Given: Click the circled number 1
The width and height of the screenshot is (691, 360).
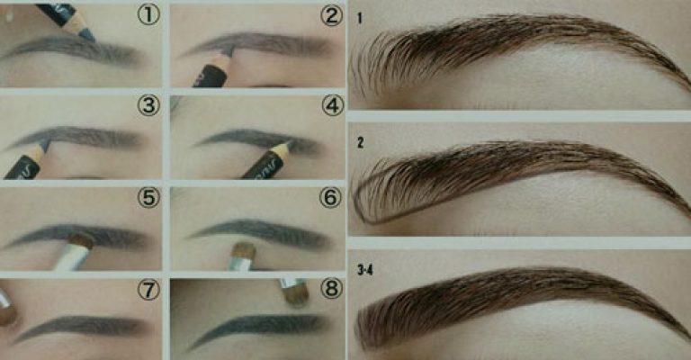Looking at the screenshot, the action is (148, 15).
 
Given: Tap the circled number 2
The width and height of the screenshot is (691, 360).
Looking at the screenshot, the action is (331, 15).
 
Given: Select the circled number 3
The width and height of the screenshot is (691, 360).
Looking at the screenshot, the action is (148, 106).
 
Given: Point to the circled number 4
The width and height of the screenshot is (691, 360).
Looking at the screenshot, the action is (332, 106).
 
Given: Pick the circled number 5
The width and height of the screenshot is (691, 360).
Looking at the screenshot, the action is (148, 198).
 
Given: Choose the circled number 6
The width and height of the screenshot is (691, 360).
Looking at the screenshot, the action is (330, 198).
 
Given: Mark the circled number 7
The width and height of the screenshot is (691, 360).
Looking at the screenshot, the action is (148, 290).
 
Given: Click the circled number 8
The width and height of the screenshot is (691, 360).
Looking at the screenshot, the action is (331, 289).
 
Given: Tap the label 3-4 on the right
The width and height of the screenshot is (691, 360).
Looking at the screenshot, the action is (365, 270).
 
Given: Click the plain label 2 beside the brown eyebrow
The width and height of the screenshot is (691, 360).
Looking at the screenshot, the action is (361, 143).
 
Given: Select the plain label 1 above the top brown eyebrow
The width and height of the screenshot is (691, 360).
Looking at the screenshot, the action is (360, 18).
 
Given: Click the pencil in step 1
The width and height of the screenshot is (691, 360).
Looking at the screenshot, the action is (66, 20).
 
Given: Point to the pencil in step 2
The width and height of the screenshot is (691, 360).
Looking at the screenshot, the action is (215, 67).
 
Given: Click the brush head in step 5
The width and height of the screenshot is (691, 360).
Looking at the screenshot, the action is (83, 241).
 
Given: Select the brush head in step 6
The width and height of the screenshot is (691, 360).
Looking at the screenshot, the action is (244, 251).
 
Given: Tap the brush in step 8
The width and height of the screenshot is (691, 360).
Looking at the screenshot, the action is (294, 292).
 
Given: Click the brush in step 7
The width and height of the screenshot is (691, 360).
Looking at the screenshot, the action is (7, 308).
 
